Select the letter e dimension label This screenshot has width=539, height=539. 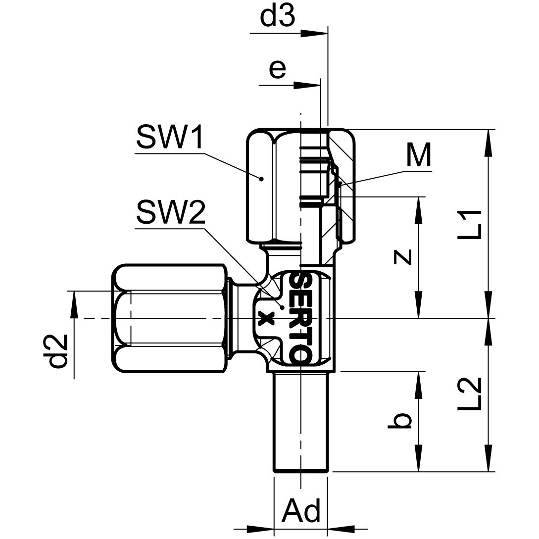277,70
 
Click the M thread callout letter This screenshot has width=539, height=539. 418,156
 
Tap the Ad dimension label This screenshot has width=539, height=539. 300,510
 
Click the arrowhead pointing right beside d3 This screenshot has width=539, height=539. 314,34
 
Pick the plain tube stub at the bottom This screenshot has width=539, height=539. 300,421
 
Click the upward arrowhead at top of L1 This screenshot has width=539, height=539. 489,141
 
